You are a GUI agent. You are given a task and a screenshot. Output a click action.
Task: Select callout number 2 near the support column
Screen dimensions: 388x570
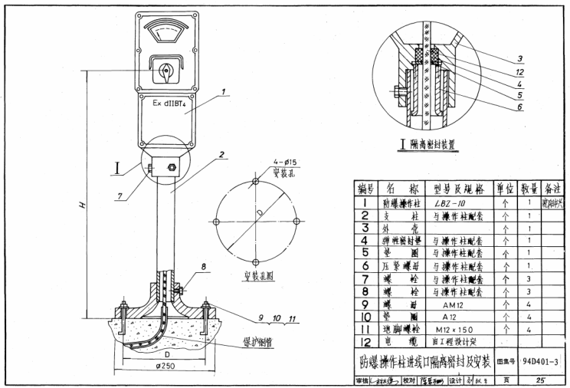tap(221, 153)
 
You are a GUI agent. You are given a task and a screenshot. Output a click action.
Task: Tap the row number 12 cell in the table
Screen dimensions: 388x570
tap(365, 340)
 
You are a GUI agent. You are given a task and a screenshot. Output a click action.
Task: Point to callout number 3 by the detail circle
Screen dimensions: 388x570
tap(519, 59)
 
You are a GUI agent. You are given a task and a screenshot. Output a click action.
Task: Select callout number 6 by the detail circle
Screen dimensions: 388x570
tap(519, 107)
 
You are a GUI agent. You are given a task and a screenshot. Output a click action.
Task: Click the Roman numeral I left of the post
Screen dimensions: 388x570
tap(117, 165)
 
